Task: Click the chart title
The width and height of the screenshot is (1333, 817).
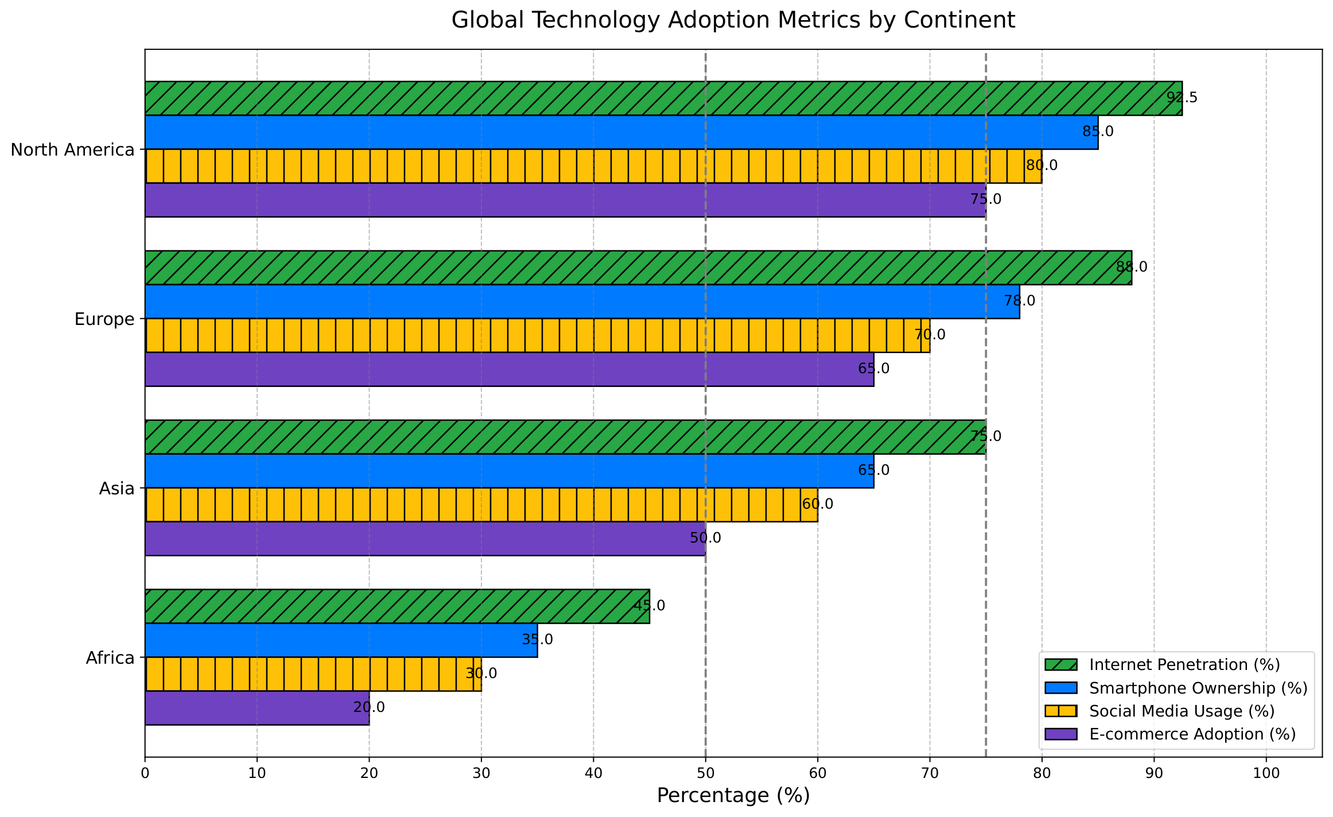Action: pos(733,20)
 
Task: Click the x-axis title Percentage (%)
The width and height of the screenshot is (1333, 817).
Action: pos(733,796)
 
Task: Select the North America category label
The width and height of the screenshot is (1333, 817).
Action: pos(72,150)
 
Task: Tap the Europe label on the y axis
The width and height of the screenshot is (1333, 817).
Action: pos(104,319)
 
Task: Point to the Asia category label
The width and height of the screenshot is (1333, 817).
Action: pos(116,489)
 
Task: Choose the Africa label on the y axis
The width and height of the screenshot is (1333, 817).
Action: pos(110,658)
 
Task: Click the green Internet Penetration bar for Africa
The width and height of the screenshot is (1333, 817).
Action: pos(397,606)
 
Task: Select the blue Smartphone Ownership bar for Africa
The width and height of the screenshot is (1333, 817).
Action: pos(341,640)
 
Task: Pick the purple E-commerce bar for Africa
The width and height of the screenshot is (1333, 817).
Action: pos(257,708)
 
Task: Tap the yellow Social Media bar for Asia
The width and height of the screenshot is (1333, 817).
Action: pos(481,505)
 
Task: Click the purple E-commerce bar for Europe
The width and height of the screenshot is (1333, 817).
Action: pos(510,369)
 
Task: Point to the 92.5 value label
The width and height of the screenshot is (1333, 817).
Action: pos(1182,98)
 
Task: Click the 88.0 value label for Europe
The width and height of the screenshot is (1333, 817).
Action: pos(1132,267)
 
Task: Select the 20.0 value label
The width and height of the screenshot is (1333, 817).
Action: pos(369,707)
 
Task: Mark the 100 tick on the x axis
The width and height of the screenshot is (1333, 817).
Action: pos(1266,773)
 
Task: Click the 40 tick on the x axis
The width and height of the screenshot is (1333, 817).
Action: pos(593,773)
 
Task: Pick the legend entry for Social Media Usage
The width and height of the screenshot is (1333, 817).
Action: pos(1160,711)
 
